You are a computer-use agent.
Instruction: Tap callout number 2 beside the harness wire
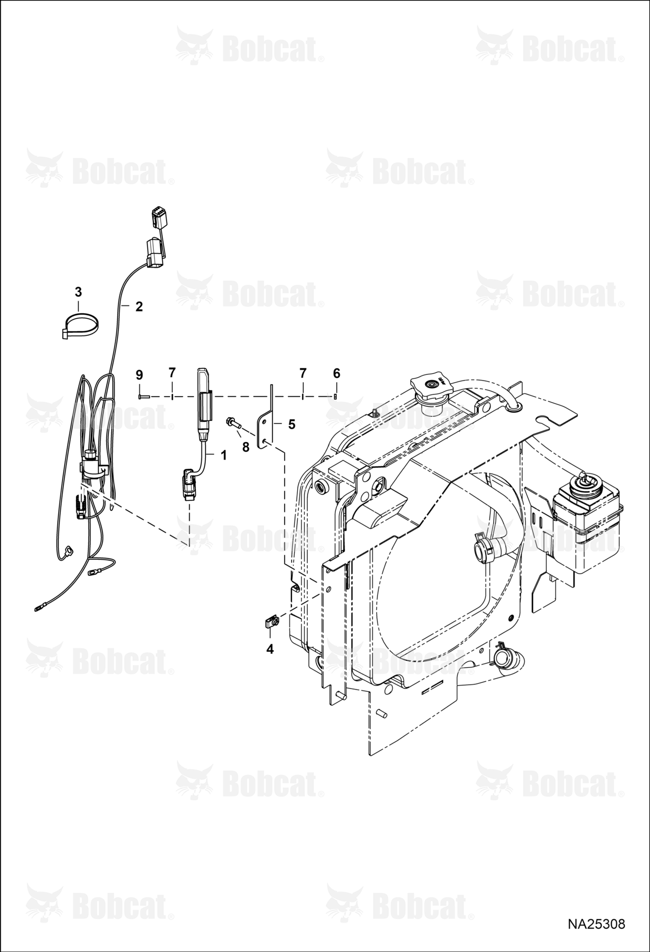coord(139,307)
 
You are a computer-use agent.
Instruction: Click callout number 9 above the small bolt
coord(139,375)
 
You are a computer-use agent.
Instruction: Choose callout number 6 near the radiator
coord(337,374)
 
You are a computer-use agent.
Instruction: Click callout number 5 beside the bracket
coord(291,424)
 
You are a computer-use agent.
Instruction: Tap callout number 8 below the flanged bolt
coord(246,447)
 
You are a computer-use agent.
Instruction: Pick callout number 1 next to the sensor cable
coord(223,456)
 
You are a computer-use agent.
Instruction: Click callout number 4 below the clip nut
coord(270,649)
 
